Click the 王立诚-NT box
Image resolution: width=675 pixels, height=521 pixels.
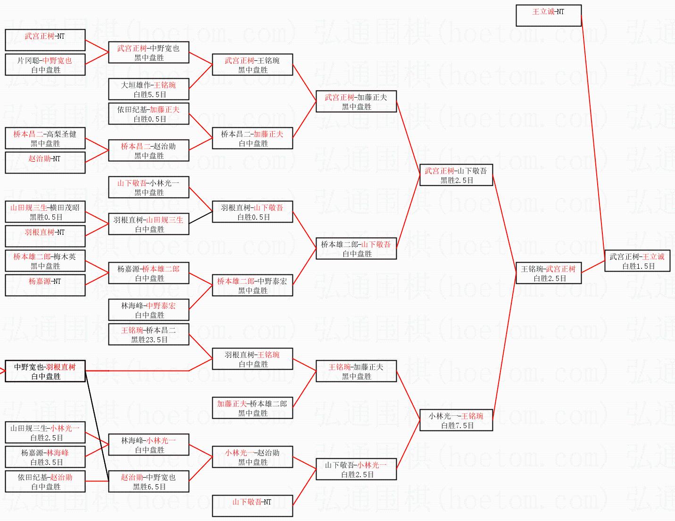548,15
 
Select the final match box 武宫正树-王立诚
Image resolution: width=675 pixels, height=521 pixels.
637,261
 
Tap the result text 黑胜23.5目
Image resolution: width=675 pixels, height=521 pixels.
149,339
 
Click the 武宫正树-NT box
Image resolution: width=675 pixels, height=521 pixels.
45,40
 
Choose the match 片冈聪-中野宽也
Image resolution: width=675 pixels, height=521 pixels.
45,65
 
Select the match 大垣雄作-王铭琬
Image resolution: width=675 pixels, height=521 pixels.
149,89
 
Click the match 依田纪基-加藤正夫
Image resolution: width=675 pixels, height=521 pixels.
149,114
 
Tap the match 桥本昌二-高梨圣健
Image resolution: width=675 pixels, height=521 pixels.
45,138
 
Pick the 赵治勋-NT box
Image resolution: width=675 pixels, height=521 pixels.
45,162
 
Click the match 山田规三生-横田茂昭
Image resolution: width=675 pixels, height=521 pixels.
45,212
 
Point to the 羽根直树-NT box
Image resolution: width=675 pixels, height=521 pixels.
45,236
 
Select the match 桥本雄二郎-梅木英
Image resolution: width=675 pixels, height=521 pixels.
45,261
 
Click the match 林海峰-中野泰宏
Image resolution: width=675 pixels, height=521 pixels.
149,310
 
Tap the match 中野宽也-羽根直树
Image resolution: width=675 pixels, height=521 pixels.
45,371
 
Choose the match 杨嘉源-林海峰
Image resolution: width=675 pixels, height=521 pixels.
45,457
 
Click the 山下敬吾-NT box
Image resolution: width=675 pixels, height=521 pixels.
252,505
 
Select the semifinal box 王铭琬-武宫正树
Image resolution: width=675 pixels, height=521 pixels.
548,273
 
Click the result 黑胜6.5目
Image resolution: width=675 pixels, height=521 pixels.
149,487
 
